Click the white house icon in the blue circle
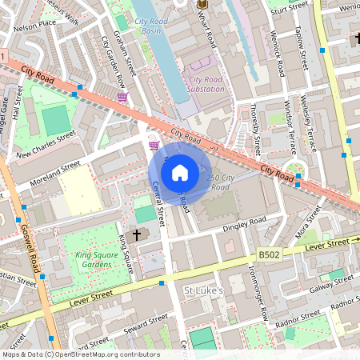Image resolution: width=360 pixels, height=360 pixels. click(x=180, y=173)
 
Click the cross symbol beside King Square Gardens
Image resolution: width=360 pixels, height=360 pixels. click(x=136, y=234)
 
